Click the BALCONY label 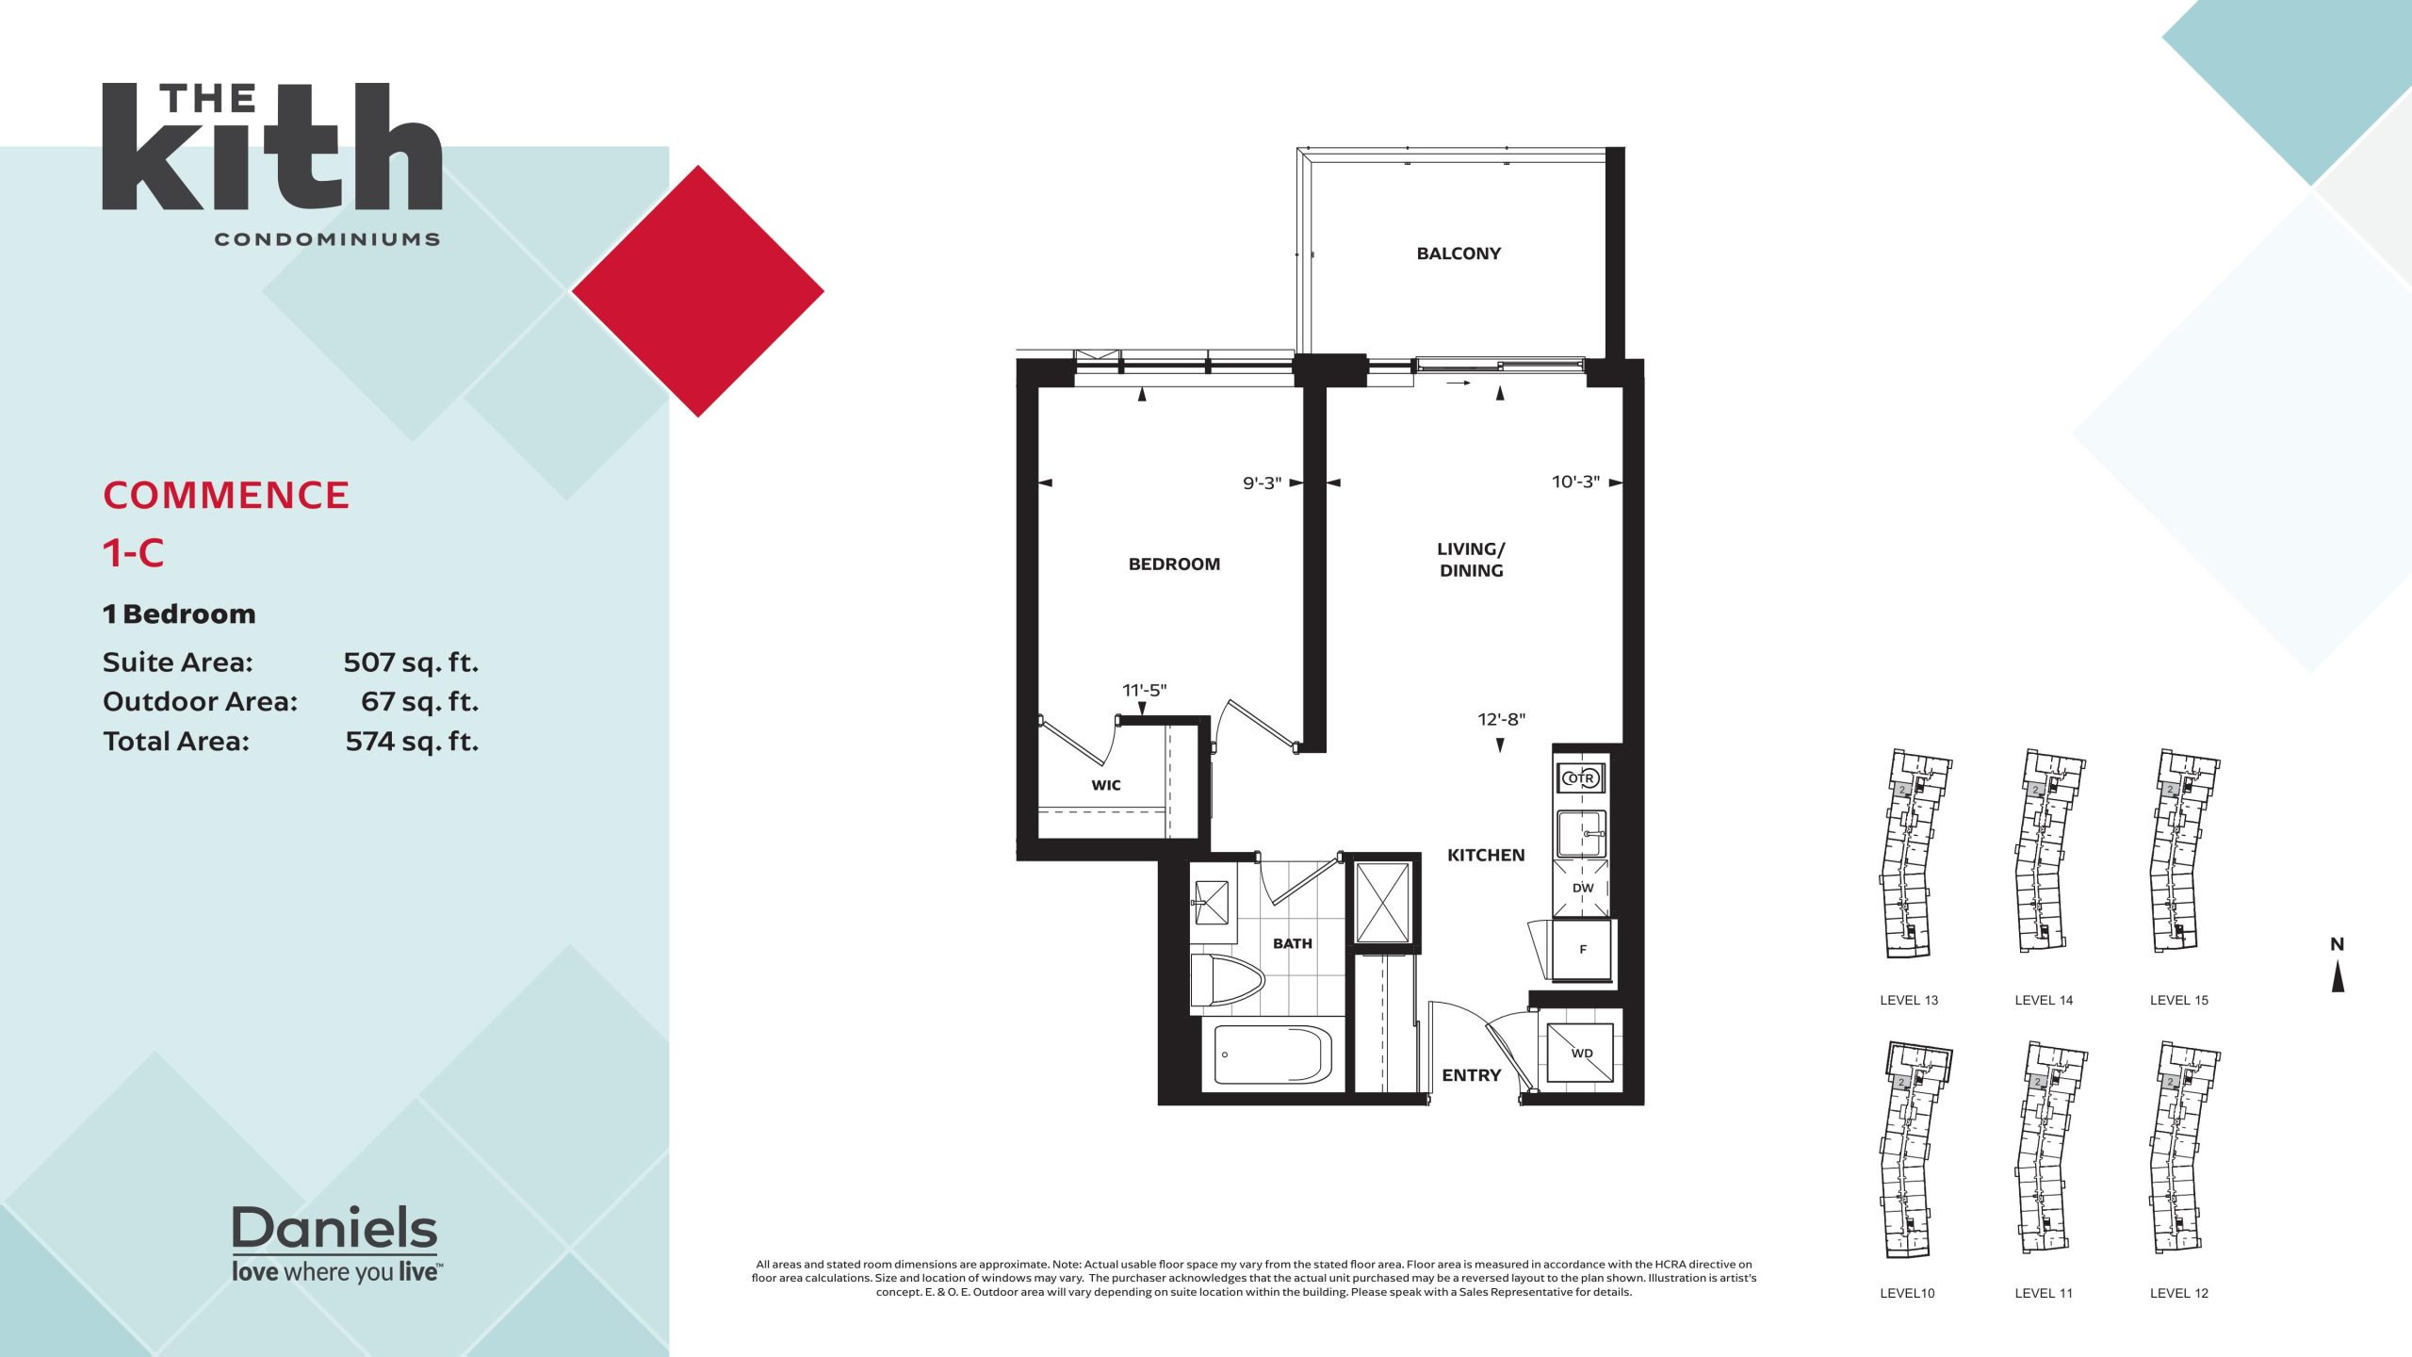[1459, 253]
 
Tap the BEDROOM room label [1174, 564]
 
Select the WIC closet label [1106, 785]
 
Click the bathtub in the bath [1273, 1055]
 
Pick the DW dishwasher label [1583, 888]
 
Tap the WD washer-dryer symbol [1582, 1054]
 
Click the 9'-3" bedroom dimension [1262, 483]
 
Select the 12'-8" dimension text [1502, 720]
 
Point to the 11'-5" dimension [1144, 691]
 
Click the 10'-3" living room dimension [1575, 482]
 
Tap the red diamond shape [698, 291]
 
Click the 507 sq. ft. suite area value [411, 662]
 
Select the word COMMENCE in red [226, 496]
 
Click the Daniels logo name [334, 1228]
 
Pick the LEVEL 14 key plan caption [2044, 1001]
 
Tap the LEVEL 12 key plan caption [2178, 1293]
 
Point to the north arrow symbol [2338, 976]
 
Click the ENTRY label [1471, 1075]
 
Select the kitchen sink [1582, 834]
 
